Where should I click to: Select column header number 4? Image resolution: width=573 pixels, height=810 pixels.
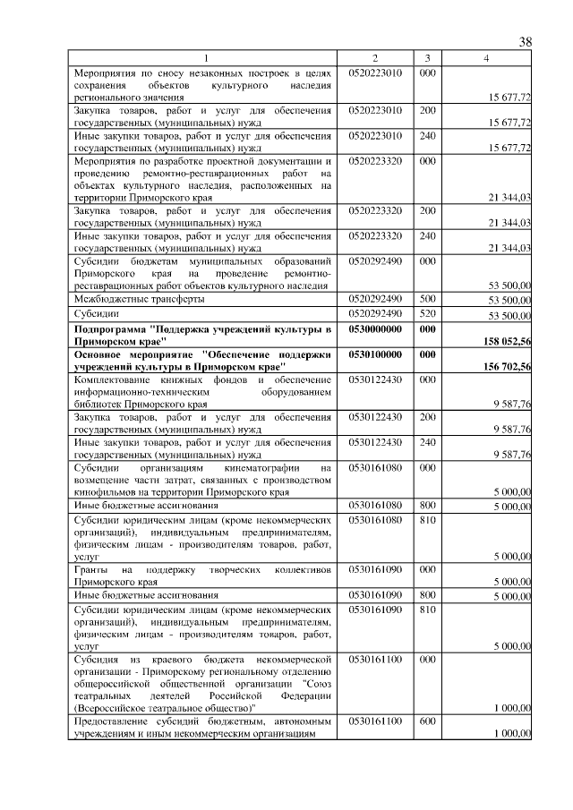(x=486, y=58)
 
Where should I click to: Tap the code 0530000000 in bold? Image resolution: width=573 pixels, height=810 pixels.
(x=375, y=329)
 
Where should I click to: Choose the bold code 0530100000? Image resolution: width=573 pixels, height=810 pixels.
(x=375, y=354)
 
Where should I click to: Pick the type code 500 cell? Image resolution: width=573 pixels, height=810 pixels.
(x=426, y=298)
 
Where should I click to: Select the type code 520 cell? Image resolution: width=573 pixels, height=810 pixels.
(x=426, y=314)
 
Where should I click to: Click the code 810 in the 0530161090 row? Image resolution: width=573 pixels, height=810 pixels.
(x=426, y=610)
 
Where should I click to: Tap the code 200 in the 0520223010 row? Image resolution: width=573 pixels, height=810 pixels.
(x=426, y=109)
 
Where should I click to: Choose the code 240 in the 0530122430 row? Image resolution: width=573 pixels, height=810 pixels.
(x=426, y=442)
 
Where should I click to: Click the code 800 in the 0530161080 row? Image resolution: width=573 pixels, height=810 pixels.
(x=426, y=506)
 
